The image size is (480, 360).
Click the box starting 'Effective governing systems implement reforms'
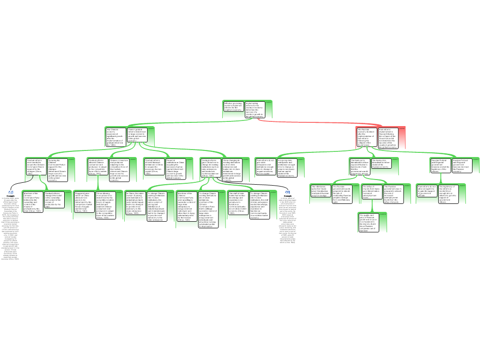pos(233,109)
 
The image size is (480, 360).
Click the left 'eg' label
pos(11,192)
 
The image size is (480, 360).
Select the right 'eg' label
pos(288,192)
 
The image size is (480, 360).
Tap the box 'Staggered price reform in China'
pos(84,202)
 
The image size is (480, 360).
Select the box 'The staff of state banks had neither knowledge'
pos(238,202)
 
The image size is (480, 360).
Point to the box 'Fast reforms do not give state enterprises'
pos(265,167)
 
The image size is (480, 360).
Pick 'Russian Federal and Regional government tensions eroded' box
pos(440,165)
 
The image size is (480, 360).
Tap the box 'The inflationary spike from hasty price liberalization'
pos(321,191)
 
